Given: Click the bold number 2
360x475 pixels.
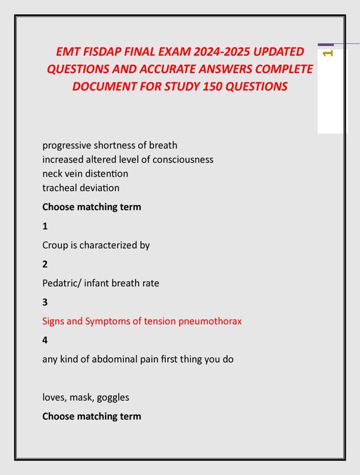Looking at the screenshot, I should click(x=45, y=264).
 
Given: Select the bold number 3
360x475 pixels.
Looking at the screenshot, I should click(x=45, y=302).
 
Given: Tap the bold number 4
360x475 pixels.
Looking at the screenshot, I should click(x=45, y=340).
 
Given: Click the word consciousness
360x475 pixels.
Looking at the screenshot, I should click(x=181, y=159).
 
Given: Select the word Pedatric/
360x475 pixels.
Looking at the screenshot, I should click(x=62, y=283).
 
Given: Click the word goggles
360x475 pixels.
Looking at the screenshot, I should click(x=112, y=397).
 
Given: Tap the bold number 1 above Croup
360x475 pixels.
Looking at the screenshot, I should click(x=45, y=226).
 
